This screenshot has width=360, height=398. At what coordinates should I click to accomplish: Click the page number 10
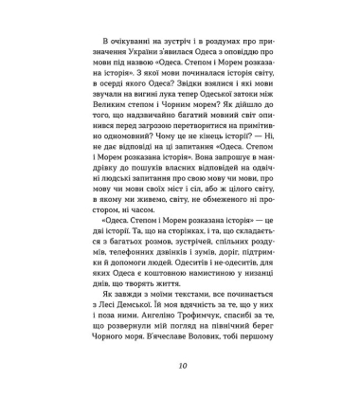click(x=181, y=367)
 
